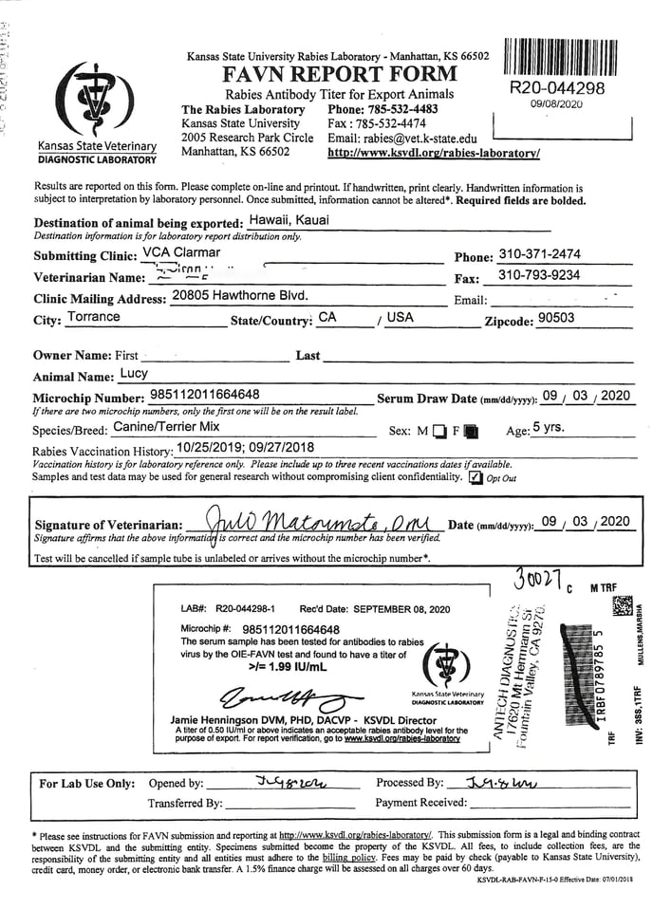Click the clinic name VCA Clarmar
coord(180,253)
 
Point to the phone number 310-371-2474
coord(539,254)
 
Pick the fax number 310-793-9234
coord(539,275)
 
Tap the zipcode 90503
coord(556,318)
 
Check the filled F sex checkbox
coord(472,432)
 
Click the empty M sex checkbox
coord(438,432)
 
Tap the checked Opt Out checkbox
coord(476,477)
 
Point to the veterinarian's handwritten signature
coord(313,521)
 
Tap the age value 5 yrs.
coord(549,428)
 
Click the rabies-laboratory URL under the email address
coord(434,152)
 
